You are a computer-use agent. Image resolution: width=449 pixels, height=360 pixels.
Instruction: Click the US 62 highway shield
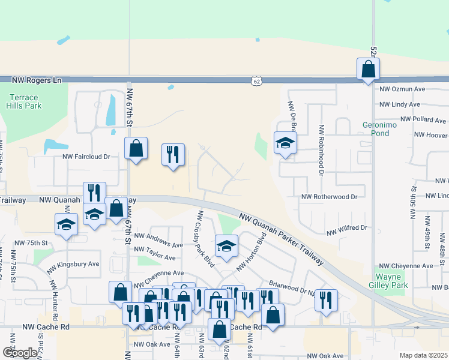[257, 80]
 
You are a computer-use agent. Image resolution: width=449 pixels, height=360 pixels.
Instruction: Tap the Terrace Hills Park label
[24, 101]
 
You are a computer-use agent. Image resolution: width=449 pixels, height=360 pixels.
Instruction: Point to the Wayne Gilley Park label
[392, 281]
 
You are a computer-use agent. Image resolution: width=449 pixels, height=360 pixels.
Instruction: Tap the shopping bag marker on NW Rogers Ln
[368, 69]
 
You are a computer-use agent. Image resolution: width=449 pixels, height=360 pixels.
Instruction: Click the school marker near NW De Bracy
[285, 143]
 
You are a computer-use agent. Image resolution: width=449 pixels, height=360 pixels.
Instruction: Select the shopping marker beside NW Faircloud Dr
[136, 148]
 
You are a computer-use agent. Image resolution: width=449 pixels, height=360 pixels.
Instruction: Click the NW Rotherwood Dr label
[329, 196]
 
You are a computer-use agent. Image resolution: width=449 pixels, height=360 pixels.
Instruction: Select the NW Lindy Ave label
[399, 104]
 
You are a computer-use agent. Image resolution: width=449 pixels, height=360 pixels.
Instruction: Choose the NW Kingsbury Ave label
[73, 264]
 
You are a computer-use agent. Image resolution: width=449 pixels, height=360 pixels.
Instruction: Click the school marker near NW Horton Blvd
[226, 246]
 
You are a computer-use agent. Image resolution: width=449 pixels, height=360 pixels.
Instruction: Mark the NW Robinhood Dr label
[322, 150]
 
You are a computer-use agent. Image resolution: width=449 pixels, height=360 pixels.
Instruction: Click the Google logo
[19, 353]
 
